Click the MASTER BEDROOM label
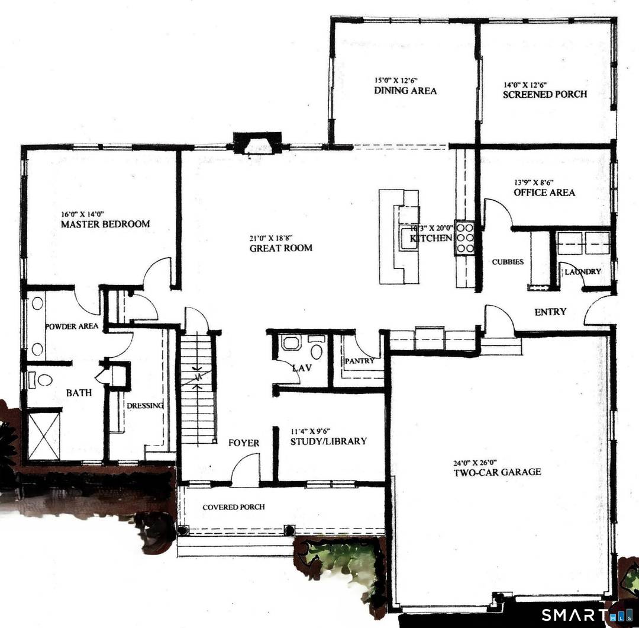pyautogui.click(x=105, y=224)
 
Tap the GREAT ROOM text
pyautogui.click(x=280, y=248)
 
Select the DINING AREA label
pyautogui.click(x=405, y=91)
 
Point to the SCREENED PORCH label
pyautogui.click(x=544, y=94)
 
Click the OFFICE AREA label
pyautogui.click(x=544, y=193)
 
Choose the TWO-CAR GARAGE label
pyautogui.click(x=497, y=472)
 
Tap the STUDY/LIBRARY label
pyautogui.click(x=328, y=441)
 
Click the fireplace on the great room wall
pyautogui.click(x=256, y=143)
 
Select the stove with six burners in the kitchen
pyautogui.click(x=463, y=238)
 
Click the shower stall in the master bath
pyautogui.click(x=44, y=435)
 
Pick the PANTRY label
pyautogui.click(x=359, y=361)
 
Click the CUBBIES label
pyautogui.click(x=508, y=261)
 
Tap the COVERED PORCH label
pyautogui.click(x=233, y=507)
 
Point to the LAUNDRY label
pyautogui.click(x=582, y=271)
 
